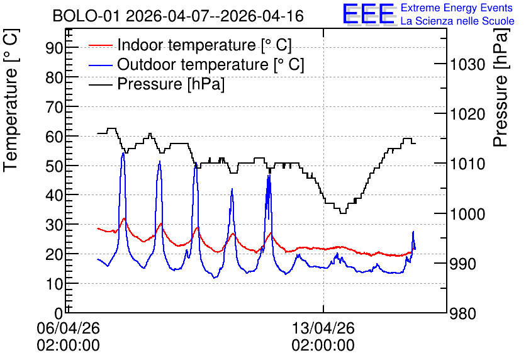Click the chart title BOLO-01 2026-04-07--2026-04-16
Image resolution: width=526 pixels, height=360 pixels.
[x=178, y=16]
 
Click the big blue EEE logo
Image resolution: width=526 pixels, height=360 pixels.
[x=369, y=14]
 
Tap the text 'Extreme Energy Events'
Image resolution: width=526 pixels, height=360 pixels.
[x=457, y=8]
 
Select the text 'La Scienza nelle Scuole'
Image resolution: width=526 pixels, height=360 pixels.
[x=457, y=21]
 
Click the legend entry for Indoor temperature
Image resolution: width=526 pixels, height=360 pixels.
[x=190, y=45]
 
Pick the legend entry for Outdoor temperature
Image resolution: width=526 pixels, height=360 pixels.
[x=196, y=64]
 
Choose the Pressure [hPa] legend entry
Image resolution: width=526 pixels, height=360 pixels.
[x=157, y=84]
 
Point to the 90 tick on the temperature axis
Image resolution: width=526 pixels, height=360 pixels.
[x=54, y=48]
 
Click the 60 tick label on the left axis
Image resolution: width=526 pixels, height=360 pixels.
[x=54, y=137]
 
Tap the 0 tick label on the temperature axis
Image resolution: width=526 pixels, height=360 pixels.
[x=59, y=313]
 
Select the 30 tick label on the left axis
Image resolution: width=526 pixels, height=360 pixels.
[x=54, y=225]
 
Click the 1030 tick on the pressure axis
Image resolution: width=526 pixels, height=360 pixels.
[x=467, y=64]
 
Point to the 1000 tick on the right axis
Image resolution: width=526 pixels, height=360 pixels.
[x=467, y=214]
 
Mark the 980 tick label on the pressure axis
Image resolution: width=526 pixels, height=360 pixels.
[x=463, y=313]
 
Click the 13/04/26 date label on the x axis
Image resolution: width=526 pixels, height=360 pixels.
[x=323, y=328]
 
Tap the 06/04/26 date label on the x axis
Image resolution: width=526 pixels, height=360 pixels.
[x=68, y=328]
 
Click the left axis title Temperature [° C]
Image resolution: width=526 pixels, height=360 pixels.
[x=11, y=100]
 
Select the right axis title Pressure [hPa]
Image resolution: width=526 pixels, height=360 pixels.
[x=501, y=87]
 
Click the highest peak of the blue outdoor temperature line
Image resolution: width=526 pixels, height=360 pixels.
[x=123, y=153]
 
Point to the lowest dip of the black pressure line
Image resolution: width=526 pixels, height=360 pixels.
[x=343, y=213]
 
